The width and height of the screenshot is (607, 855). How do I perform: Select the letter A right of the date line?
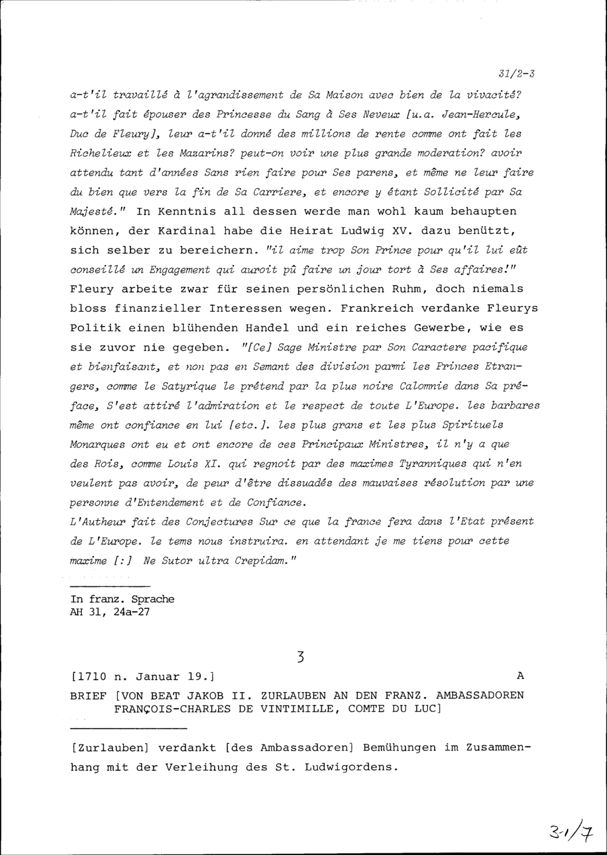point(519,676)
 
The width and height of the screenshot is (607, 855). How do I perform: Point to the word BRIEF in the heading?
point(89,695)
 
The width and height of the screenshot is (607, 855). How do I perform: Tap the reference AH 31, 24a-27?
point(110,612)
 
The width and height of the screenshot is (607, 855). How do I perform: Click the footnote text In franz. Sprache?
point(122,599)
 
